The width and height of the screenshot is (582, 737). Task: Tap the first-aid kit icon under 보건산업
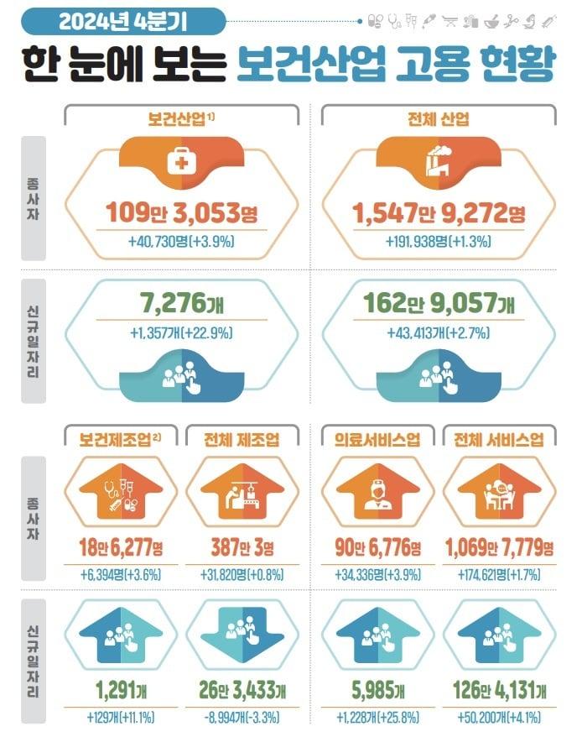pyautogui.click(x=181, y=163)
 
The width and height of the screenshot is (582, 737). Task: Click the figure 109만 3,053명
pyautogui.click(x=181, y=213)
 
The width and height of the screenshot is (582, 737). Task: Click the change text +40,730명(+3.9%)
pyautogui.click(x=181, y=242)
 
